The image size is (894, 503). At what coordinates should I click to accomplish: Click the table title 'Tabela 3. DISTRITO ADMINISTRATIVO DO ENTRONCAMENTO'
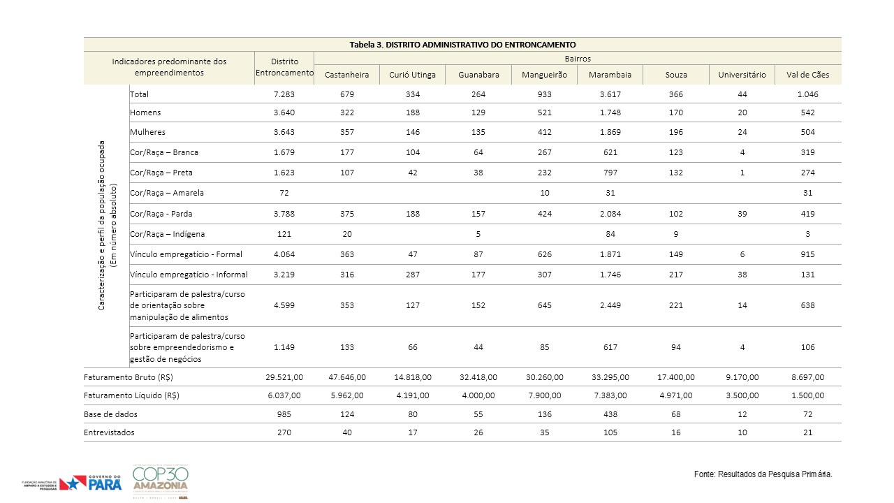coord(462,45)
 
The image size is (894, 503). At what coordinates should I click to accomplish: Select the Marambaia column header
coord(610,75)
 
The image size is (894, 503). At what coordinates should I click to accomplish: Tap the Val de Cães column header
coord(808,75)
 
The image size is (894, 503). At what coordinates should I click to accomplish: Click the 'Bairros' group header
coord(578,59)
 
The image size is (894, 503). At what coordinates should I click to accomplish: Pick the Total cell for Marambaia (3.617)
coord(610,94)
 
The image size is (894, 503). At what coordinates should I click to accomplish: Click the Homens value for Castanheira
coord(347,112)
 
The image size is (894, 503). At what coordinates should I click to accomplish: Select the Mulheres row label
coord(147,132)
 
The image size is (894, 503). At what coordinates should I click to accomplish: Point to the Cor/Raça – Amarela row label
coord(167,193)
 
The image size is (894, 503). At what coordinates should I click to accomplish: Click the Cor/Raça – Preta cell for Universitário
coord(742,173)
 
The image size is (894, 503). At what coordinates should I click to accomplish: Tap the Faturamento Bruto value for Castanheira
coord(347,377)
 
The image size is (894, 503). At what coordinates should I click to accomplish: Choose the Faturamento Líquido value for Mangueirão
coord(544,395)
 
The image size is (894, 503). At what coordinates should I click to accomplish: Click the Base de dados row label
coord(110,414)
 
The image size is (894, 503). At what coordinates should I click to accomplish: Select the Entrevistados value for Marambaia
coord(610,432)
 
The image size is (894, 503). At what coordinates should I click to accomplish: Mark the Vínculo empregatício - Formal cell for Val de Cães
coord(808,254)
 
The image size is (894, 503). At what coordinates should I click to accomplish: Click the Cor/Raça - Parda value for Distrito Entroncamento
coord(284,214)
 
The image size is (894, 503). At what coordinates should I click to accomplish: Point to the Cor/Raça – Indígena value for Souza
coord(675,234)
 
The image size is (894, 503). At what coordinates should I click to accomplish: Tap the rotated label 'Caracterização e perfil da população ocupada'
coord(101,226)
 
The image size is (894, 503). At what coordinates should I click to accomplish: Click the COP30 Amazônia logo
coord(161,481)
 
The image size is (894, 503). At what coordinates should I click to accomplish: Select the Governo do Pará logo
coord(90,483)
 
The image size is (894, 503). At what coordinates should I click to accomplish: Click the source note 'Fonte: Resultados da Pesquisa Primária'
coord(763,474)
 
